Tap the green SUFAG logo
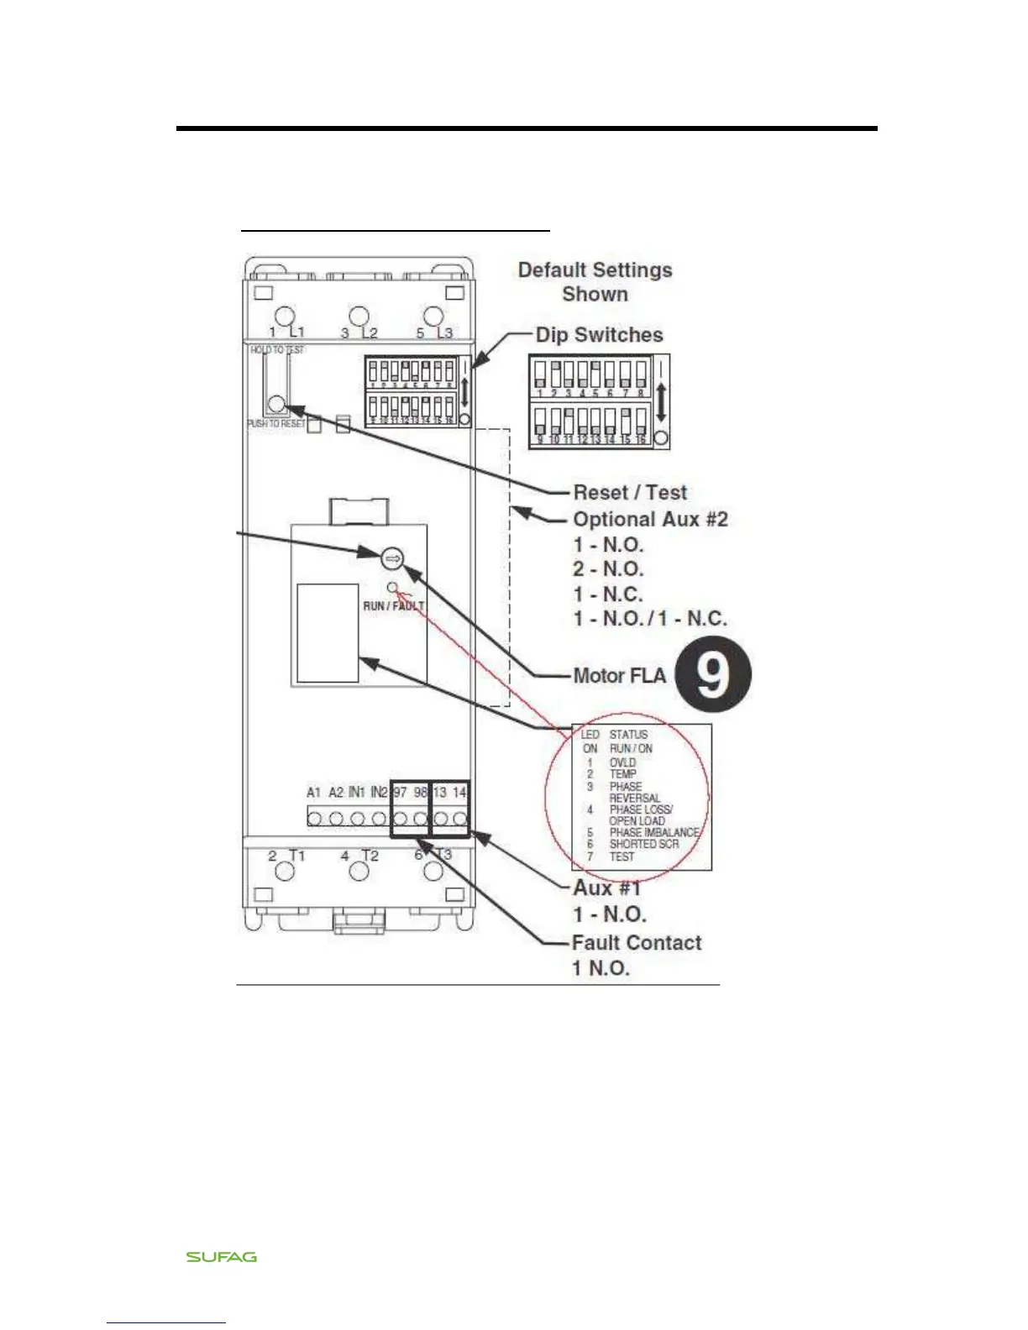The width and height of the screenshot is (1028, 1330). (x=222, y=1257)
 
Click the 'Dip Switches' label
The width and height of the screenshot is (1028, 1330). (x=599, y=335)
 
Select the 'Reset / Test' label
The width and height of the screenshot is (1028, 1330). (x=630, y=493)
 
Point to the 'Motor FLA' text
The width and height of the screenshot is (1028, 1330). (x=619, y=676)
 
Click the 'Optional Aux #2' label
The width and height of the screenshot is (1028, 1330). (x=650, y=520)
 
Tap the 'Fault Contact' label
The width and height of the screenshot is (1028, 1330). (x=637, y=943)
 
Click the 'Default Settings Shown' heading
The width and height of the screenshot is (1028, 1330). (x=595, y=282)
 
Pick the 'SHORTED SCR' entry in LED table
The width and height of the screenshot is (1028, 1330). (x=643, y=844)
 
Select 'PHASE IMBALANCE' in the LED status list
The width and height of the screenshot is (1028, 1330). (x=653, y=832)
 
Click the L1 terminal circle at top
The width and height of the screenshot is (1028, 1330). (x=286, y=317)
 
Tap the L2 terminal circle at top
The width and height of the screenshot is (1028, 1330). (x=359, y=317)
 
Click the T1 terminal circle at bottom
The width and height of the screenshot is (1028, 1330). (x=286, y=870)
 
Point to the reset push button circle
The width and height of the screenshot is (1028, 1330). (x=276, y=405)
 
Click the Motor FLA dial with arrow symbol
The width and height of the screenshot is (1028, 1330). (x=392, y=558)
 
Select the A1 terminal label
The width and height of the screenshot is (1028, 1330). (x=313, y=793)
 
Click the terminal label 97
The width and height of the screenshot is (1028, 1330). (x=401, y=793)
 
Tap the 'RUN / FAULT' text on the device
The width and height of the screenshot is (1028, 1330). (x=393, y=605)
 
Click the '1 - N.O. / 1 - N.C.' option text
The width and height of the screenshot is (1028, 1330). (x=650, y=619)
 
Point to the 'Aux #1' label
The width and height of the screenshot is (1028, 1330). (x=606, y=888)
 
